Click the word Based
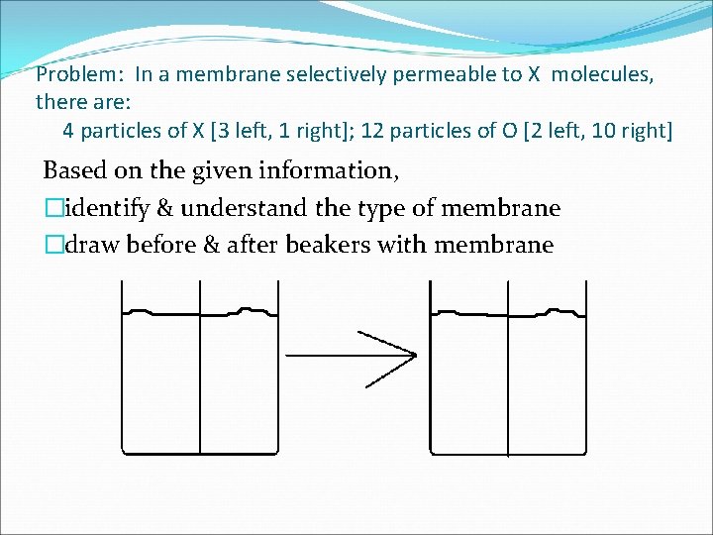click(x=74, y=170)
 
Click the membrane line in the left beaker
click(x=200, y=386)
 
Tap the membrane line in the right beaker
click(x=508, y=386)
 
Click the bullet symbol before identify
click(x=51, y=208)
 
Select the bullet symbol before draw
click(x=51, y=245)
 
